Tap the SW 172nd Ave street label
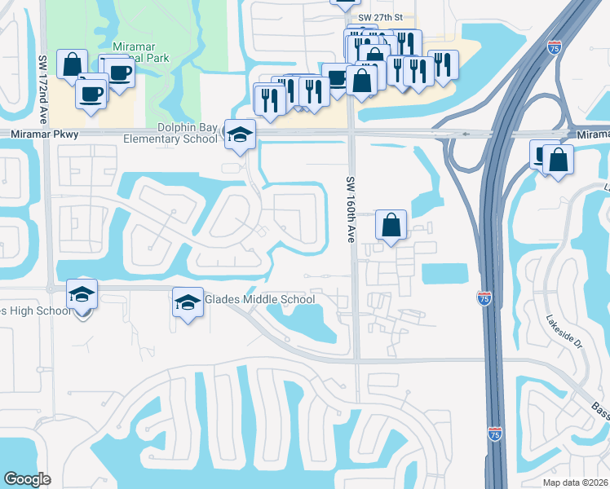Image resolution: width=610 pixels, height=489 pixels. coord(40,78)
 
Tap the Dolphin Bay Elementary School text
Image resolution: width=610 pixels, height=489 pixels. coord(170,133)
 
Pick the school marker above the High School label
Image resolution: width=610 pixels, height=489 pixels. coord(82,294)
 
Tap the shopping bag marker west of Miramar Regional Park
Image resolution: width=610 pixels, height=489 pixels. coord(72,64)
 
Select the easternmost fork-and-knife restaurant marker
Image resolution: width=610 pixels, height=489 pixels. coord(442,65)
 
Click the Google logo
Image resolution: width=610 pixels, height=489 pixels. coord(28,479)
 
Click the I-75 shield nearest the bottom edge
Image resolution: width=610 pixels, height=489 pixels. coord(495,434)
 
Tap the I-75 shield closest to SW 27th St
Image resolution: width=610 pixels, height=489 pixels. coord(555,46)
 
